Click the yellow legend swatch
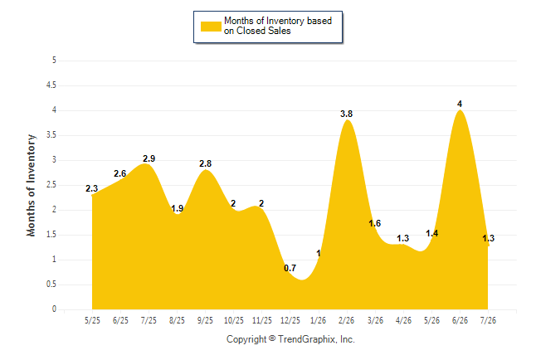coord(211,27)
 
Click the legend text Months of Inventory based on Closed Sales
coord(278,26)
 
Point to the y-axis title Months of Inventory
coord(31,185)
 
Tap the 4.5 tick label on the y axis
coord(51,85)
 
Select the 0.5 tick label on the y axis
coord(51,285)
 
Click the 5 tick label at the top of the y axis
coord(54,61)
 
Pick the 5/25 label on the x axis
coord(92,320)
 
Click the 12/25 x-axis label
coord(290,320)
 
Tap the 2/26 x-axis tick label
coord(347,320)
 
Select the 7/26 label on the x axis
coord(488,320)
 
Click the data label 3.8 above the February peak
coord(346,114)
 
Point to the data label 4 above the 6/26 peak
coord(460,104)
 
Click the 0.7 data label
coord(290,268)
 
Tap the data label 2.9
coord(149,158)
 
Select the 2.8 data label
coord(206,163)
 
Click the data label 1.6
coord(375,223)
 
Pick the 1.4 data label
coord(431,233)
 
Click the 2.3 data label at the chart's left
coord(91,188)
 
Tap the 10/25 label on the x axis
coord(234,320)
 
